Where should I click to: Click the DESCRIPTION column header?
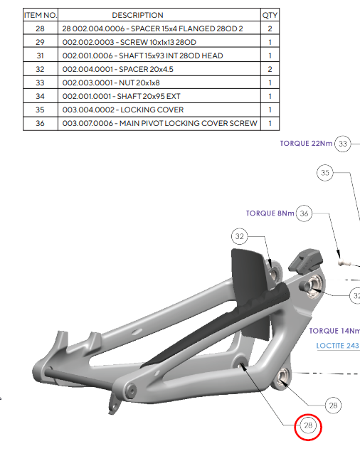pyautogui.click(x=137, y=15)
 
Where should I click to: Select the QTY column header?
pyautogui.click(x=270, y=15)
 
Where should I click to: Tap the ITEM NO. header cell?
pyautogui.click(x=41, y=15)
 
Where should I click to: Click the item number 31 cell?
pyautogui.click(x=41, y=55)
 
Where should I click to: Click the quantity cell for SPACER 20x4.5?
pyautogui.click(x=270, y=69)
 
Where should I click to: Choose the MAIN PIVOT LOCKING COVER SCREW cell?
pyautogui.click(x=159, y=123)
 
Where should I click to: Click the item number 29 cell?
pyautogui.click(x=41, y=42)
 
